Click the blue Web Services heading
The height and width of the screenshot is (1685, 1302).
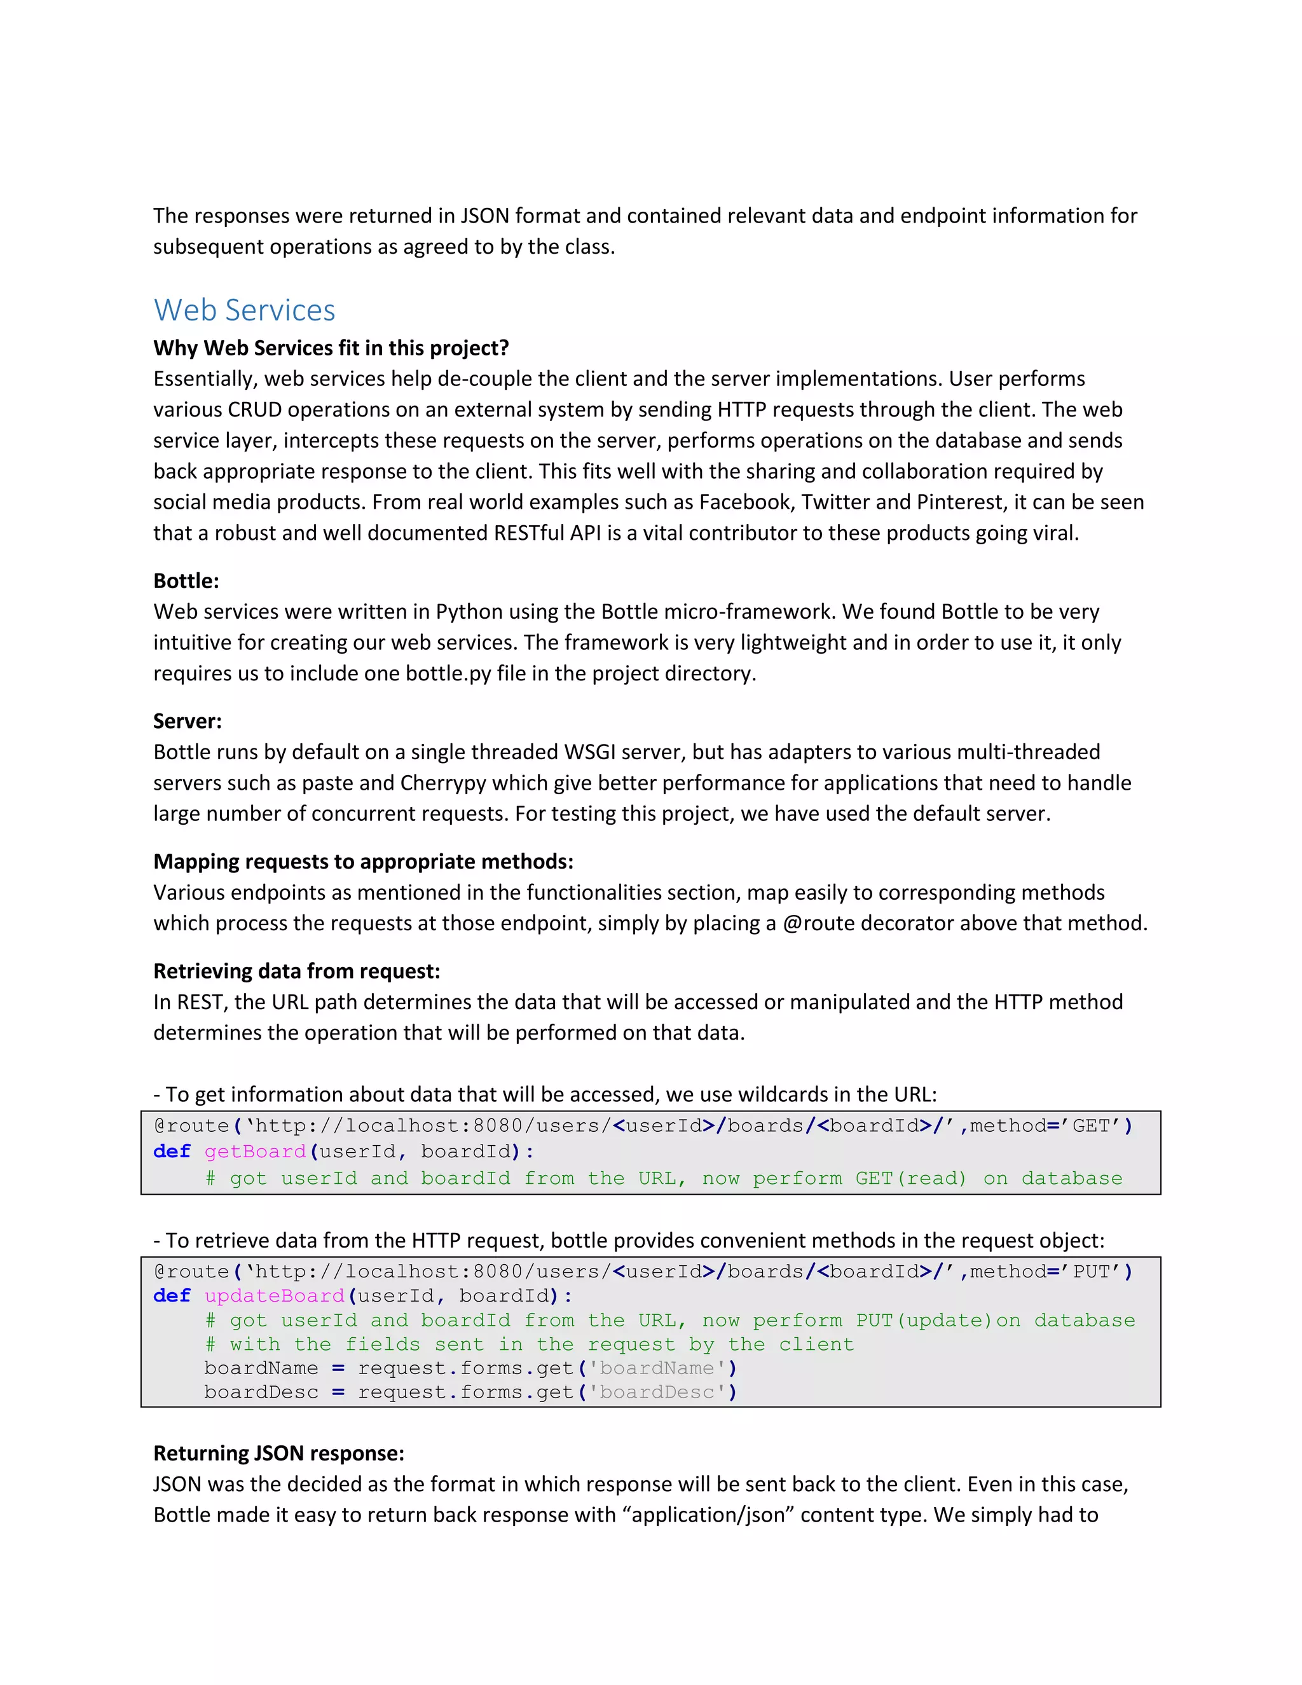pos(245,310)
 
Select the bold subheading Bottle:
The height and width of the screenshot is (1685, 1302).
pos(186,581)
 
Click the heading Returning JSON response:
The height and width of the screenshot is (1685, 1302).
pos(278,1453)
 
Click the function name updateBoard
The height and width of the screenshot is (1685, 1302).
pos(274,1296)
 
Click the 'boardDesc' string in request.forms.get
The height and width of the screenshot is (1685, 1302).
pos(657,1393)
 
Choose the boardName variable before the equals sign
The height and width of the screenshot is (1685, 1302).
pos(261,1369)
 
